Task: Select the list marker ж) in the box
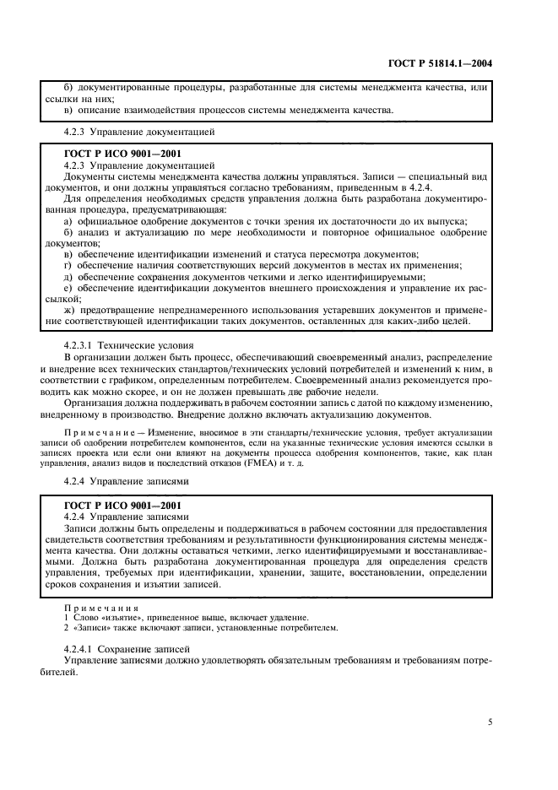[70, 311]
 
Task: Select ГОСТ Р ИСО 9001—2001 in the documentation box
[122, 154]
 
